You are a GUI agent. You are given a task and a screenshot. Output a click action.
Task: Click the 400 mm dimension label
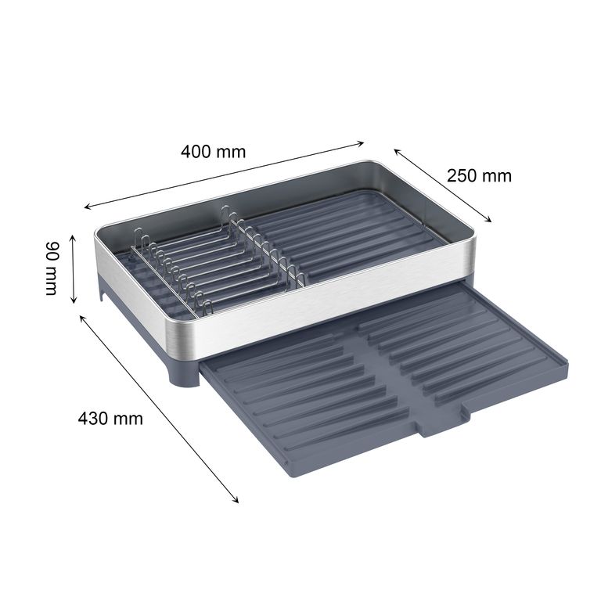point(213,152)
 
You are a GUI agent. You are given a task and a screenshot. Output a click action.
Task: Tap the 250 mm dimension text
point(479,176)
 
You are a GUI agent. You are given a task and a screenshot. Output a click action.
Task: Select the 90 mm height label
point(52,268)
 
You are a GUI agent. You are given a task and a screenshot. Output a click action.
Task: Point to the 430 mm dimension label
point(110,418)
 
